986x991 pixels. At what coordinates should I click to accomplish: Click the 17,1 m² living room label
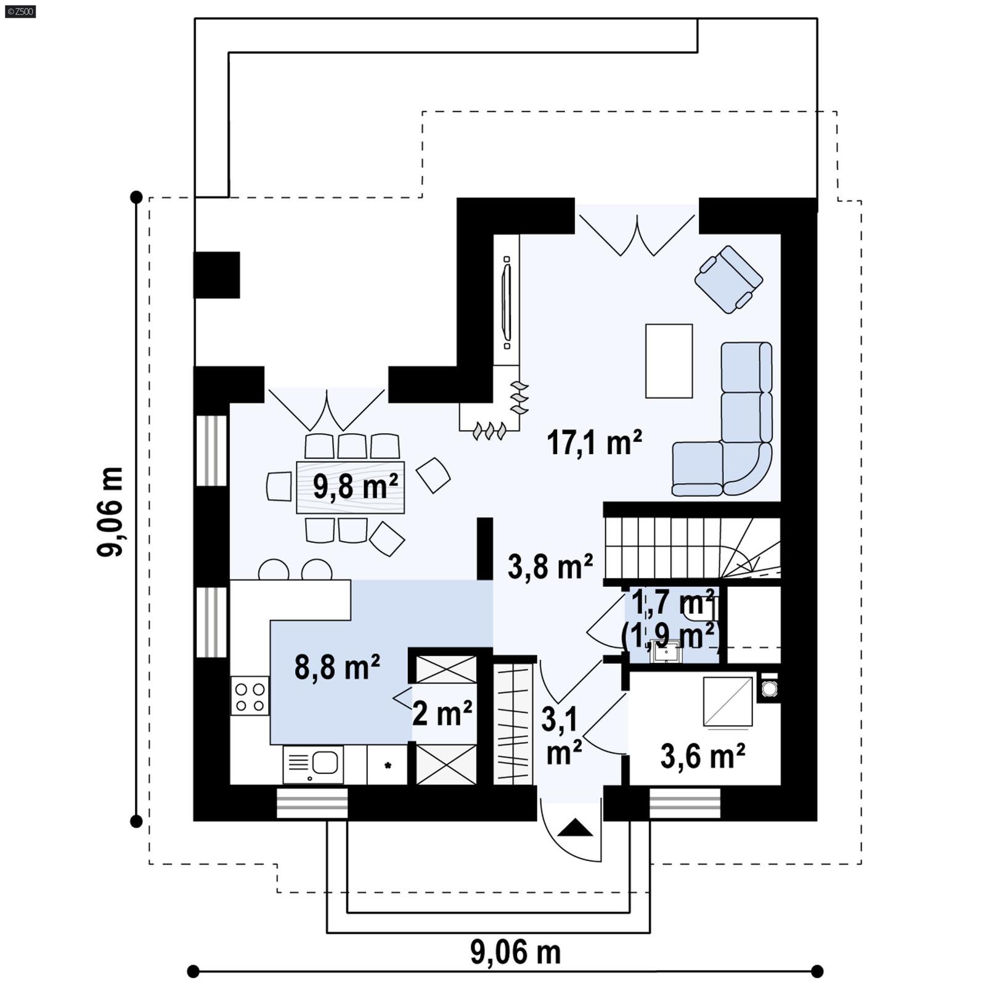click(594, 443)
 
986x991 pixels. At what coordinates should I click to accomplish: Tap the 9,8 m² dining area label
click(355, 486)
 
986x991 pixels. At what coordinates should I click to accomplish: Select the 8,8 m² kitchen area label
click(336, 667)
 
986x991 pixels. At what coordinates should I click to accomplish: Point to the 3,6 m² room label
click(703, 756)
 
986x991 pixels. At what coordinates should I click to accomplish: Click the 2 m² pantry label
click(442, 714)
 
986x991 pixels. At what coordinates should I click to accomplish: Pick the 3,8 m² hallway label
click(550, 566)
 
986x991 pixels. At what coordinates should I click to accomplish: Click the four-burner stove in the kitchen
click(250, 696)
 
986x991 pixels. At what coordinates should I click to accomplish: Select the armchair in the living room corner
click(728, 279)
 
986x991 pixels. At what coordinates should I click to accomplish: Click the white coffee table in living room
click(669, 361)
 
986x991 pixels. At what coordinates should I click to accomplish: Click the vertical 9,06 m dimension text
click(111, 512)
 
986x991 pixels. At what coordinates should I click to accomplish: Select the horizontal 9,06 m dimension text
click(515, 952)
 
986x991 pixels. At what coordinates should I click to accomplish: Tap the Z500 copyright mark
click(20, 11)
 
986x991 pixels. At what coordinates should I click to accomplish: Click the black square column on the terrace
click(217, 275)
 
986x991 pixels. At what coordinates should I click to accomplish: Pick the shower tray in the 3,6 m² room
click(728, 701)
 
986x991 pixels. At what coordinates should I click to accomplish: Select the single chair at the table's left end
click(279, 486)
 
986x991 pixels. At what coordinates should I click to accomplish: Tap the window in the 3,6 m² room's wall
click(685, 803)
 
